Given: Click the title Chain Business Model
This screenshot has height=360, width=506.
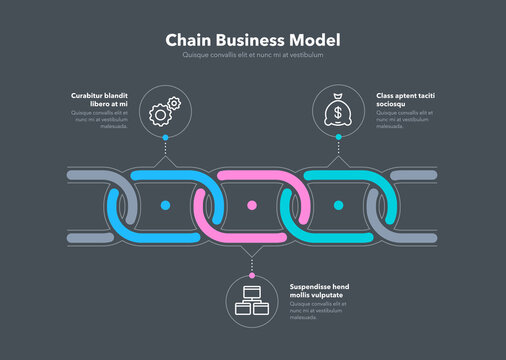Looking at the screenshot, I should click(x=252, y=39).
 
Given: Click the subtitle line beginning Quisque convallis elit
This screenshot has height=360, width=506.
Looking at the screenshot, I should click(x=252, y=55).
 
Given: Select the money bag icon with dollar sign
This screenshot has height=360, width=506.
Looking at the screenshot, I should click(x=338, y=108).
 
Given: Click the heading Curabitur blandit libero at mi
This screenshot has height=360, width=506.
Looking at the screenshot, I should click(x=100, y=99).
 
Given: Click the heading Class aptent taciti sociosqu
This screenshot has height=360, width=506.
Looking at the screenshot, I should click(x=405, y=99).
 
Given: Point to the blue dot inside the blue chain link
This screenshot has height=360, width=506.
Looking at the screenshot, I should click(x=166, y=205).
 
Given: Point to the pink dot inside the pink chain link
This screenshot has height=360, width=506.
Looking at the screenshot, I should click(x=252, y=205).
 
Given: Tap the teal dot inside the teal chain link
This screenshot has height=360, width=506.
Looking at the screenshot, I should click(x=338, y=205).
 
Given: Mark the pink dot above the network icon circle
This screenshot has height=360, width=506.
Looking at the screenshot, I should click(x=252, y=273).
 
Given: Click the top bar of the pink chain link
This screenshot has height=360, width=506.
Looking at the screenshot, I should click(x=252, y=176).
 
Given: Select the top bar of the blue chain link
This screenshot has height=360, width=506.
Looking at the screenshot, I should click(x=166, y=176).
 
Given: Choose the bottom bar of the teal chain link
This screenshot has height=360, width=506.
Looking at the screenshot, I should click(x=338, y=236).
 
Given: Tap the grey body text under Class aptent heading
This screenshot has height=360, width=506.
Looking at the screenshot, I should click(x=405, y=120).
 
